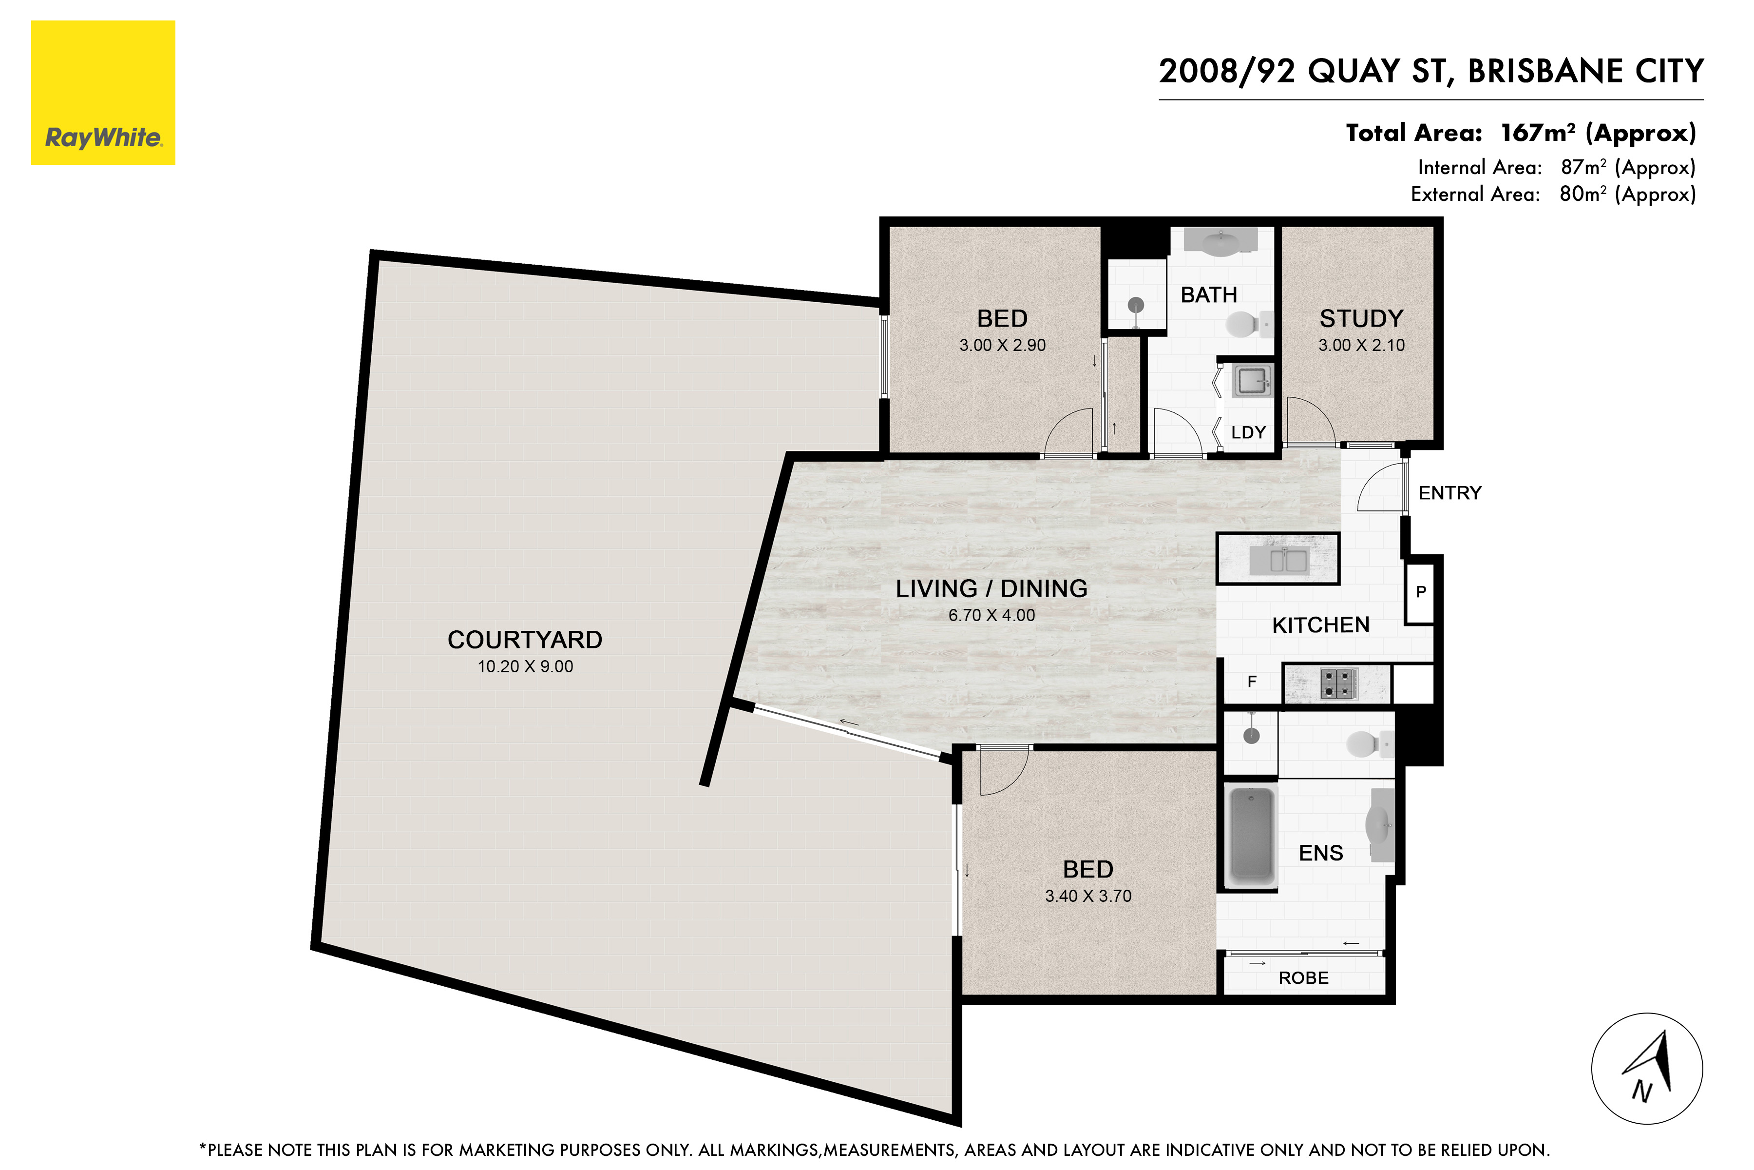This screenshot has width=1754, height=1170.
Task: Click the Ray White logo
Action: point(103,93)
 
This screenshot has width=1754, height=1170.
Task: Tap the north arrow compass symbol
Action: point(1647,1069)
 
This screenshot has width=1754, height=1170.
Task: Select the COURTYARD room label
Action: point(525,640)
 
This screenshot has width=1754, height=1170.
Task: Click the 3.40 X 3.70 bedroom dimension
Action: point(1088,896)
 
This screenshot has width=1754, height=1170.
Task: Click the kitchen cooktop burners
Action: point(1338,683)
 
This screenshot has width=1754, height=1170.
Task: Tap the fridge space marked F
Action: point(1252,681)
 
